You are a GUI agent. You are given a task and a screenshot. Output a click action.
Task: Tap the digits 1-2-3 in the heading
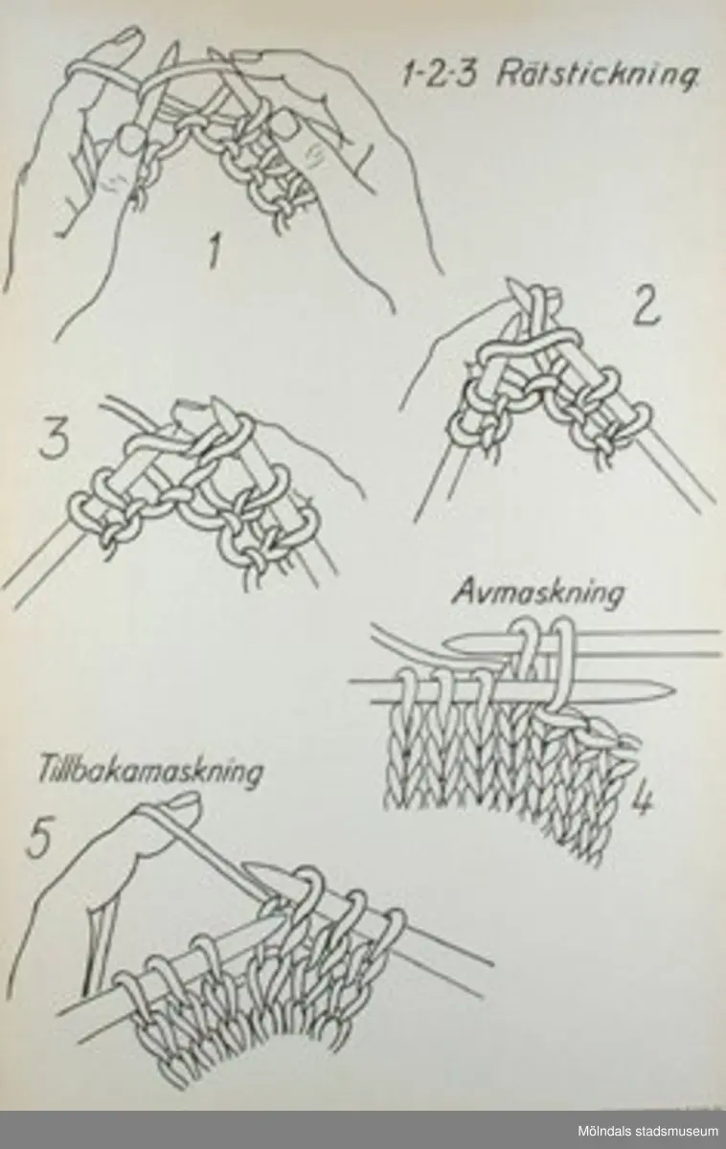[439, 76]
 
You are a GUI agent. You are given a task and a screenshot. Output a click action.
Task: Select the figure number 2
[645, 309]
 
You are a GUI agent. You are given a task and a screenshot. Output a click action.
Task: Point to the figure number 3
[55, 440]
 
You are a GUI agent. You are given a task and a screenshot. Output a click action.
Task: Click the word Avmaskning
[538, 595]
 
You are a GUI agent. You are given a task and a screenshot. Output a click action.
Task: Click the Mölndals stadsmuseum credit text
[647, 1132]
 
